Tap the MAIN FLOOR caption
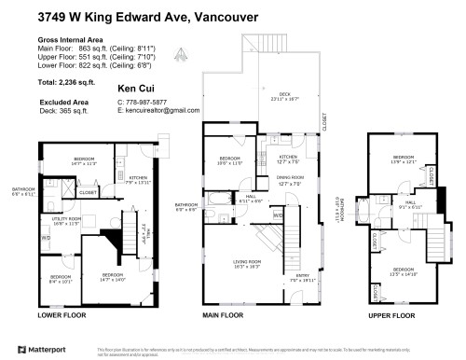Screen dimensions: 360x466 coord(223,316)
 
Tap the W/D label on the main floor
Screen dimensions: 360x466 coord(278,216)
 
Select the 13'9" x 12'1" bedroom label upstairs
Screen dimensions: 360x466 coord(403,159)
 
